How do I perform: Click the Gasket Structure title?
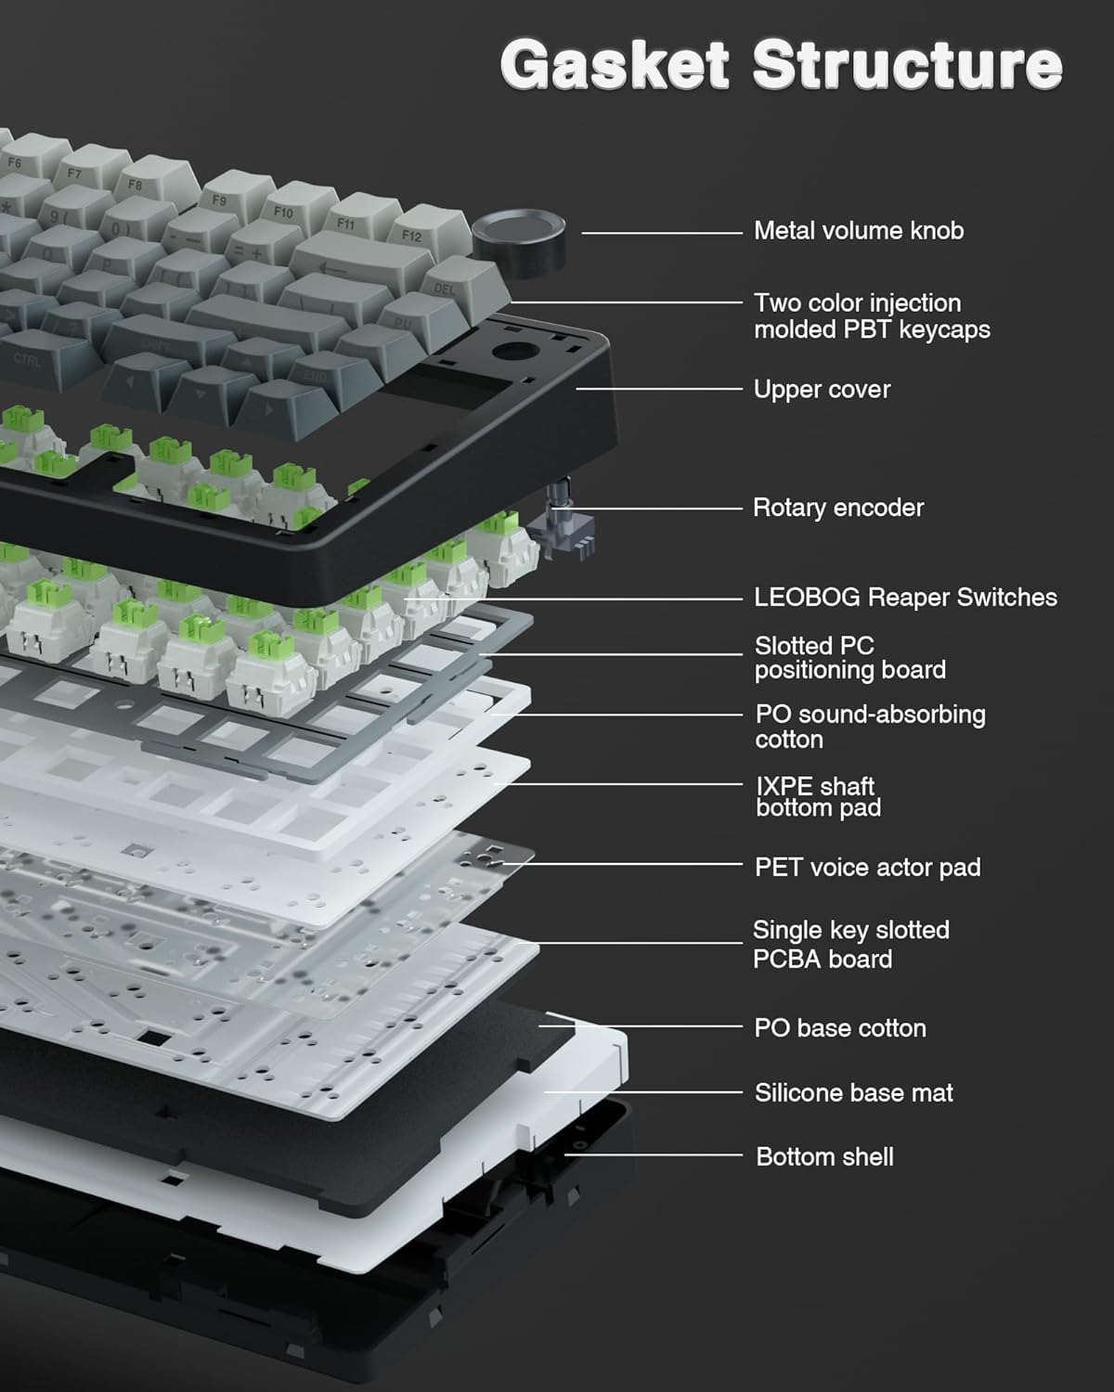pyautogui.click(x=781, y=64)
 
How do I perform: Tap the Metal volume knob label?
pyautogui.click(x=859, y=231)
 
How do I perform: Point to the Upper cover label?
pyautogui.click(x=822, y=390)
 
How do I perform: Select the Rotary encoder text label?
pyautogui.click(x=838, y=509)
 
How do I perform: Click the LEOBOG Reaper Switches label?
pyautogui.click(x=905, y=598)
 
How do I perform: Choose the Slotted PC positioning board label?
pyautogui.click(x=849, y=658)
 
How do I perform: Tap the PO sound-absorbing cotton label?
pyautogui.click(x=870, y=727)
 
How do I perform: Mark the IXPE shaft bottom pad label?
pyautogui.click(x=817, y=797)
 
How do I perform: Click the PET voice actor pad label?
pyautogui.click(x=867, y=868)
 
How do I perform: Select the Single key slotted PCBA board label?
pyautogui.click(x=850, y=945)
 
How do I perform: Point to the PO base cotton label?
pyautogui.click(x=840, y=1028)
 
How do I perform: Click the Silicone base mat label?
pyautogui.click(x=853, y=1093)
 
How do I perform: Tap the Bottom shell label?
pyautogui.click(x=824, y=1157)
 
